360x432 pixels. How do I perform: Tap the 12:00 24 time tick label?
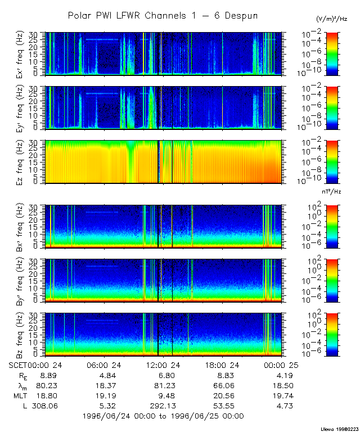163,364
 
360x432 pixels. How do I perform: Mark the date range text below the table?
163,416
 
